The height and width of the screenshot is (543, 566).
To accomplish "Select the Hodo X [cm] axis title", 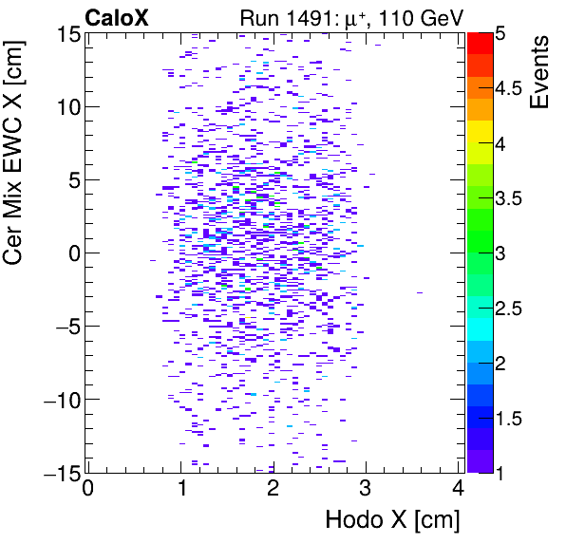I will point(392,520).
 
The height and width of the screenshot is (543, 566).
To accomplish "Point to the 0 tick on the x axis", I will point(88,490).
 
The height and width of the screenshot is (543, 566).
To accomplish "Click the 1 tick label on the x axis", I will point(180,490).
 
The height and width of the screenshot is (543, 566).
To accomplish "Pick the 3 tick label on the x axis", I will point(366,490).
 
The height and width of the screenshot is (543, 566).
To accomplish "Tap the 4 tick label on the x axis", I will point(458,490).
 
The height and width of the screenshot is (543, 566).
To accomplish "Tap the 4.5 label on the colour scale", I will point(509,88).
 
